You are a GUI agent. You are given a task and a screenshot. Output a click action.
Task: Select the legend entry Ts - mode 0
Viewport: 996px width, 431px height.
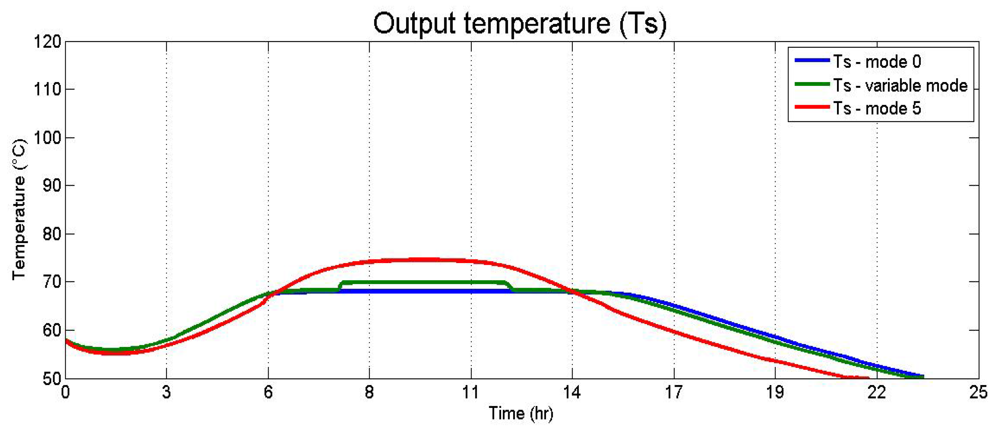pyautogui.click(x=877, y=62)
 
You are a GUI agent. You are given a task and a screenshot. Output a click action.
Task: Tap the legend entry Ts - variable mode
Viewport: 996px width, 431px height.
pyautogui.click(x=900, y=86)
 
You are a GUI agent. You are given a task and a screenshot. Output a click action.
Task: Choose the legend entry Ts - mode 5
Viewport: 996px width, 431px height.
pyautogui.click(x=877, y=109)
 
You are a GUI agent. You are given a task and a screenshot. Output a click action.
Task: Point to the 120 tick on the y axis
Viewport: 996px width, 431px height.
pyautogui.click(x=47, y=42)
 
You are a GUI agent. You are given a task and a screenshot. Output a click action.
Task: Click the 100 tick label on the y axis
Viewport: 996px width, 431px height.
pyautogui.click(x=47, y=138)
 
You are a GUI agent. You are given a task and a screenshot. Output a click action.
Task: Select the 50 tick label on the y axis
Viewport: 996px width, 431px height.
pyautogui.click(x=51, y=379)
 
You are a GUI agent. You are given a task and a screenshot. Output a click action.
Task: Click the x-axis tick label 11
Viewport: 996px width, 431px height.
pyautogui.click(x=471, y=393)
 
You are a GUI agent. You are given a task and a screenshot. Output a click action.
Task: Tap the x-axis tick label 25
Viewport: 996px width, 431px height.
pyautogui.click(x=979, y=393)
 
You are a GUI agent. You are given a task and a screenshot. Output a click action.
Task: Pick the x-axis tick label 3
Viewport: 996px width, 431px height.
pyautogui.click(x=166, y=393)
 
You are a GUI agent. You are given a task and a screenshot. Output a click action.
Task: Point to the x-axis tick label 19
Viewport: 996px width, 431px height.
pyautogui.click(x=775, y=393)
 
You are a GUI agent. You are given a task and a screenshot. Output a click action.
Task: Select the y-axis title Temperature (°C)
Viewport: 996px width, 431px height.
pyautogui.click(x=19, y=209)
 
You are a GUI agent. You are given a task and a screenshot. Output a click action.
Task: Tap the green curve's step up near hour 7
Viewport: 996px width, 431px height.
pyautogui.click(x=340, y=286)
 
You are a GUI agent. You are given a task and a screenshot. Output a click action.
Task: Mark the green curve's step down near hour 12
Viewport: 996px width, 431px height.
pyautogui.click(x=510, y=286)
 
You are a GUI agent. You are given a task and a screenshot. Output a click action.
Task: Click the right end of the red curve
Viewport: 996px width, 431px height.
pyautogui.click(x=868, y=379)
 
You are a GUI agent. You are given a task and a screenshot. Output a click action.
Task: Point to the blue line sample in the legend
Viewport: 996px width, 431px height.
pyautogui.click(x=812, y=61)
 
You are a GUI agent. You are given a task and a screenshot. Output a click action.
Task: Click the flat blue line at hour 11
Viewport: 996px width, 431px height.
pyautogui.click(x=471, y=291)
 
